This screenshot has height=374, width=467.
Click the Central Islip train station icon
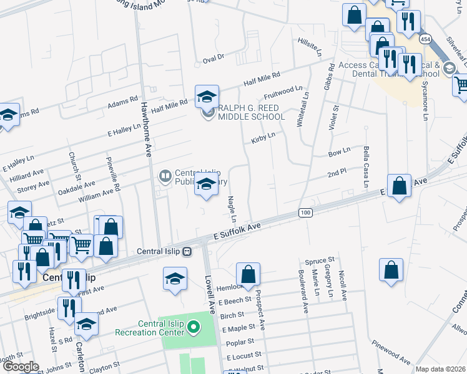click(187, 252)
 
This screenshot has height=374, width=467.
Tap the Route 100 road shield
click(305, 214)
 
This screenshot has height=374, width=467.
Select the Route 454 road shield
click(425, 39)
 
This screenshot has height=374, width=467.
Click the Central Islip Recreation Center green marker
click(194, 326)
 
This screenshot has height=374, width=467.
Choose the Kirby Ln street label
click(263, 137)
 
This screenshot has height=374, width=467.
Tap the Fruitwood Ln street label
click(278, 93)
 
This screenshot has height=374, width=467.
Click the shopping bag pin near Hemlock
click(248, 275)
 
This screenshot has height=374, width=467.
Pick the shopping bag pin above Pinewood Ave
click(391, 271)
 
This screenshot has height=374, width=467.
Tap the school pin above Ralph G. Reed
click(207, 97)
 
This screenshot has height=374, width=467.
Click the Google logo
click(21, 367)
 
